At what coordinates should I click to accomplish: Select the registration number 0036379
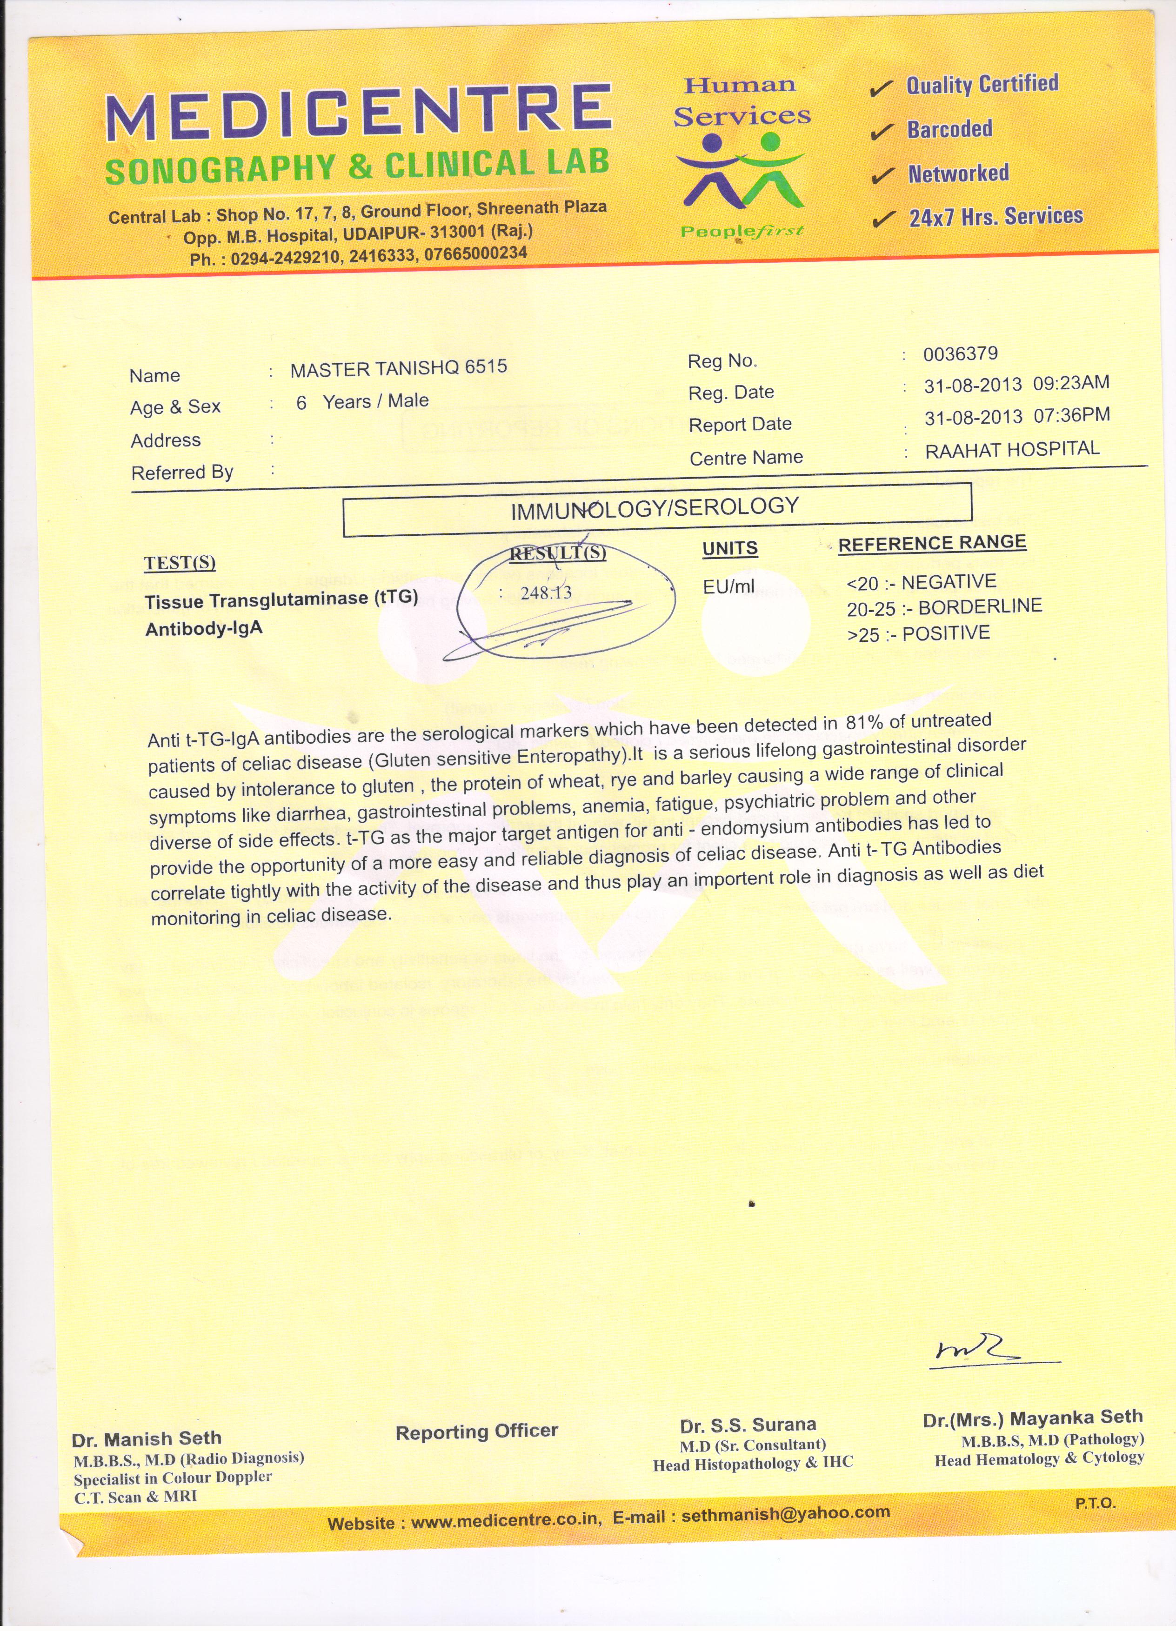(x=960, y=354)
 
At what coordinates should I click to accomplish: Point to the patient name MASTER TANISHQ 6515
(x=399, y=368)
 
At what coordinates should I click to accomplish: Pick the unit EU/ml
(x=728, y=586)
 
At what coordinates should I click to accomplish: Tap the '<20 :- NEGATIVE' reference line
(x=922, y=582)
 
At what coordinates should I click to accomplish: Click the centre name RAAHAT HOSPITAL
(x=1012, y=449)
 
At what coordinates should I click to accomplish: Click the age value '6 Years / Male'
(x=362, y=401)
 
